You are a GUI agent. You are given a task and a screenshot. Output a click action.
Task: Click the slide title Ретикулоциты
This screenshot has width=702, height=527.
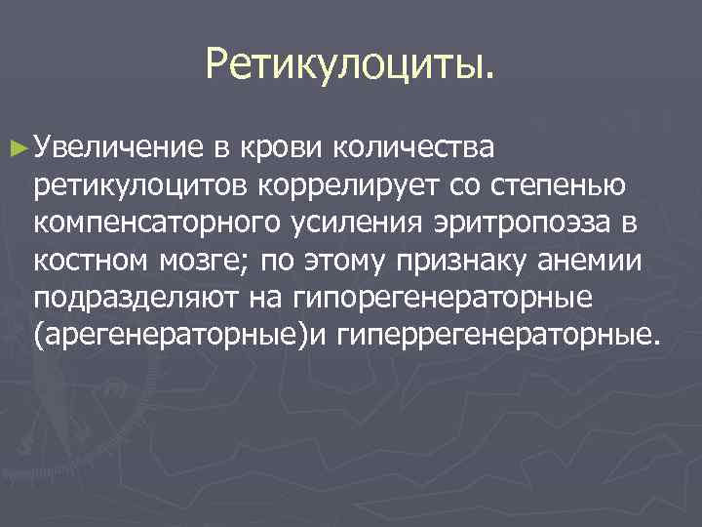[x=350, y=65]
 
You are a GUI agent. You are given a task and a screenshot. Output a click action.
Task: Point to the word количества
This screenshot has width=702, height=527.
[x=415, y=147]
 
